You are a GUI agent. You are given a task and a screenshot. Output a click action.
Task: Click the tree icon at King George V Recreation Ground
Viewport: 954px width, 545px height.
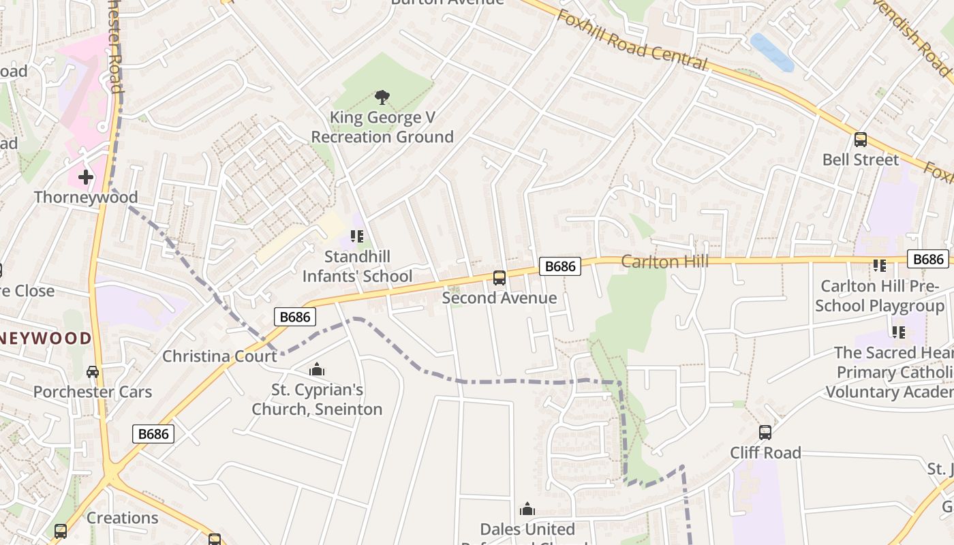[382, 97]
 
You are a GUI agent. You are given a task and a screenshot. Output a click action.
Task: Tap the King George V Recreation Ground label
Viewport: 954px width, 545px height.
[382, 127]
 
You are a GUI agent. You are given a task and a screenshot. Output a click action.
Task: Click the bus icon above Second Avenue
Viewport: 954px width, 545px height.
[499, 277]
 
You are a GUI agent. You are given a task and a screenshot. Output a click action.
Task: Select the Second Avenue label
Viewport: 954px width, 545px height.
[499, 298]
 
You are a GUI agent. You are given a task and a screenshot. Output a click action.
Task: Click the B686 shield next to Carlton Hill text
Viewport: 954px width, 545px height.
[560, 266]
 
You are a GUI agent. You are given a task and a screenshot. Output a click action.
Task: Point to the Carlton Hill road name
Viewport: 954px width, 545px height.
[665, 262]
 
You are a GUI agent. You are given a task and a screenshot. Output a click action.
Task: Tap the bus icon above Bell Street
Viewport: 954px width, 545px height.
[861, 140]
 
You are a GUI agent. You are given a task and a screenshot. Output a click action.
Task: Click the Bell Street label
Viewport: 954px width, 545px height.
[861, 159]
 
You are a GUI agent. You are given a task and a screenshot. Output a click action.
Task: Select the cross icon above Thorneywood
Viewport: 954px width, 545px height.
[86, 177]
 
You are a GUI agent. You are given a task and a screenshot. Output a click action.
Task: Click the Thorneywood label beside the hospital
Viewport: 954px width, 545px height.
[86, 198]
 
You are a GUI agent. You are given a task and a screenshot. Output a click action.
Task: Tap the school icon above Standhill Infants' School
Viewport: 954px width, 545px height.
[357, 236]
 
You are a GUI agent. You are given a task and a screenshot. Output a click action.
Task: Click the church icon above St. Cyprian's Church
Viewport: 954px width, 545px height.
[317, 370]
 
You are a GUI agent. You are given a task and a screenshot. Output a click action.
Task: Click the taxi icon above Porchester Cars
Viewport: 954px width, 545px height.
[93, 372]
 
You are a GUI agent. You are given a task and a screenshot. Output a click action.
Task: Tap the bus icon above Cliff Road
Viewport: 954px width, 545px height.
[765, 432]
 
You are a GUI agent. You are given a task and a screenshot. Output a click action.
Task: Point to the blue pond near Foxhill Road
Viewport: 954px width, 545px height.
[772, 52]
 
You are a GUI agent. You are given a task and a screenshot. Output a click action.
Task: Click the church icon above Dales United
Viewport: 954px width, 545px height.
[527, 509]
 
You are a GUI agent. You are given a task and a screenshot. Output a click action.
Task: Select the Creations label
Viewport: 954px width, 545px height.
[123, 518]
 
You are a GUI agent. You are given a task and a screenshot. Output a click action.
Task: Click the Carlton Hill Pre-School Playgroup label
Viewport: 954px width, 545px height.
[880, 296]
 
